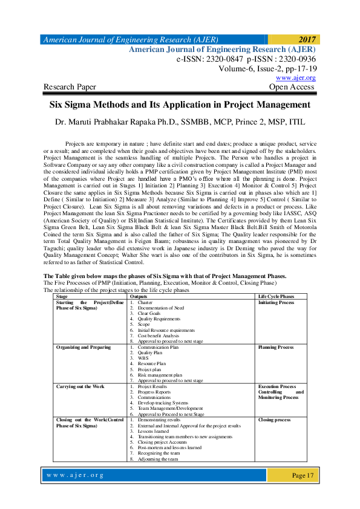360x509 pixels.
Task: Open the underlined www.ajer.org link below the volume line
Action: (x=295, y=78)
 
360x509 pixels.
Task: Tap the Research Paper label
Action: (x=70, y=87)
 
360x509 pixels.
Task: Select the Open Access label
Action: (x=292, y=87)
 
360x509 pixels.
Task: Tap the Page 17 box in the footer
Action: (x=303, y=475)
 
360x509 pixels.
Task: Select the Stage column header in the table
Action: (x=62, y=297)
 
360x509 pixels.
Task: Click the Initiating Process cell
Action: (x=276, y=302)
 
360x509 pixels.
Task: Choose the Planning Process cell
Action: (x=276, y=348)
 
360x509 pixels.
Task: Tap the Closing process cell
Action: (x=275, y=419)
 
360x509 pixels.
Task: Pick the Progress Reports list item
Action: (x=154, y=392)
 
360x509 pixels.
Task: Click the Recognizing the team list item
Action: (x=159, y=453)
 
